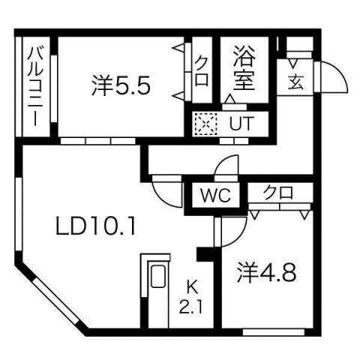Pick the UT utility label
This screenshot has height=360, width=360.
239,123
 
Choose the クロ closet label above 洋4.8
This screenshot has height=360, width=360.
277,193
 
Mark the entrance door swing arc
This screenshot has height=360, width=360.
331,76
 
